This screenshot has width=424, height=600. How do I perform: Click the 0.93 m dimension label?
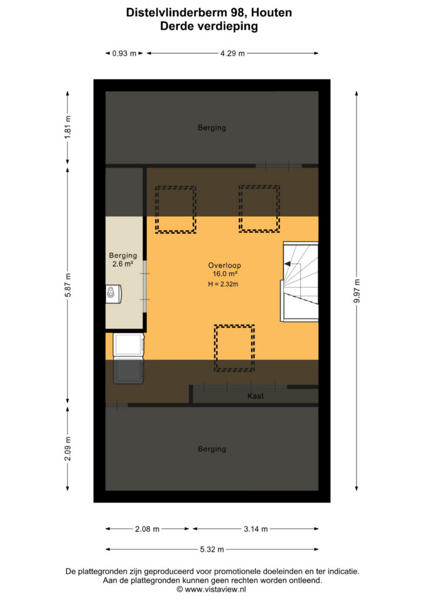pos(124,53)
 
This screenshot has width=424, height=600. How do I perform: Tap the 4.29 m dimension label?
pos(232,53)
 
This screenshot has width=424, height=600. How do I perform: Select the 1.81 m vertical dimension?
pos(68,127)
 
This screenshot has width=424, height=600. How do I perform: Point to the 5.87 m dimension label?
pos(68,285)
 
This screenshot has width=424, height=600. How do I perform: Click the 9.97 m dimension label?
pos(357,291)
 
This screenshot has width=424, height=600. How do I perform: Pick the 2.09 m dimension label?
pos(68,449)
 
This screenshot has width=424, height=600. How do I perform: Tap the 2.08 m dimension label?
pos(147,529)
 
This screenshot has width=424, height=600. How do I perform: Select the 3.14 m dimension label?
pos(256,529)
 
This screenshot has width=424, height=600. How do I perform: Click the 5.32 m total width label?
pos(212,550)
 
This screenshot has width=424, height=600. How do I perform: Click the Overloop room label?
pos(224,265)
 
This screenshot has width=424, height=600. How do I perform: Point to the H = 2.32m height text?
pos(223,284)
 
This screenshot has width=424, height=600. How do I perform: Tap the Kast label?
pos(255,396)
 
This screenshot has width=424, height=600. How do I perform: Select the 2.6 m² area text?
pos(123,264)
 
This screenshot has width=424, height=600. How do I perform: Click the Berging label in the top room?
pos(212,128)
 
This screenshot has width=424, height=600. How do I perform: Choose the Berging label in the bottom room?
pos(212,449)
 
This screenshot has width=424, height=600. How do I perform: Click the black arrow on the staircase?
pos(288,264)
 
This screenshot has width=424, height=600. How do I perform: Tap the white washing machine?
pos(128,345)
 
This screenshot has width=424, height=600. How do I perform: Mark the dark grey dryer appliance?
pos(128,371)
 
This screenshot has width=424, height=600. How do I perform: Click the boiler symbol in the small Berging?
pos(114,294)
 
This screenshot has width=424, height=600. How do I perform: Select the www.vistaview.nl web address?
pos(216,589)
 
